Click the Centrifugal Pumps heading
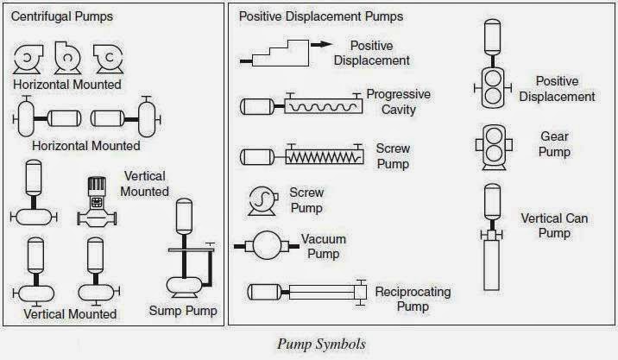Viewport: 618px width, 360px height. point(62,16)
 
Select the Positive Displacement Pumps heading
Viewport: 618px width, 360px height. point(321,16)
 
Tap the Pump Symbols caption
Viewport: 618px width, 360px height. point(322,344)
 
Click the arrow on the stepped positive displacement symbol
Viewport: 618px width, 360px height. point(322,45)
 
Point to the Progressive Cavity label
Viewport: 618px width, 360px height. point(399,102)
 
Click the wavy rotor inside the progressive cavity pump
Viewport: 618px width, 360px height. point(323,107)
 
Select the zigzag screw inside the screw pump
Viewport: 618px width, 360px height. point(324,158)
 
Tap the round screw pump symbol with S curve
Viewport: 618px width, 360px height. point(262,200)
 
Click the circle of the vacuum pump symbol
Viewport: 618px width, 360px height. point(268,245)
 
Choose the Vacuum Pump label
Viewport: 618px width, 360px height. point(323,246)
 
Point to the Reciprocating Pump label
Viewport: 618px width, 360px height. point(413,299)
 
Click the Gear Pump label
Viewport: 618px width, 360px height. point(554,144)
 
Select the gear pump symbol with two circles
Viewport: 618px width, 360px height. point(494,147)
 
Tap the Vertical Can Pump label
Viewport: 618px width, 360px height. point(554,225)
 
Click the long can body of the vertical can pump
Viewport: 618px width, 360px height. point(492,265)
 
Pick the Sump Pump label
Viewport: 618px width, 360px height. point(183,311)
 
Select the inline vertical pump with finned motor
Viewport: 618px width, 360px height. point(97,202)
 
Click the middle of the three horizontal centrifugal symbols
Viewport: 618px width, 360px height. point(68,58)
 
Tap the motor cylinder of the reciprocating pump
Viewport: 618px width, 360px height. point(264,292)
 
